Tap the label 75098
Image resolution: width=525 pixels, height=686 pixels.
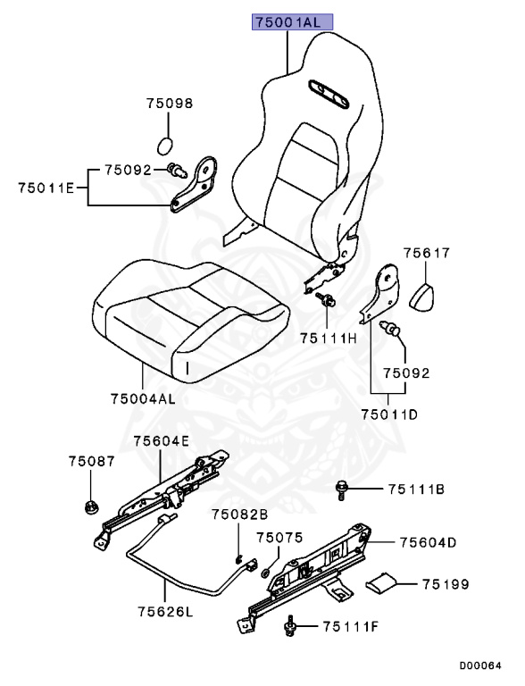pyautogui.click(x=170, y=104)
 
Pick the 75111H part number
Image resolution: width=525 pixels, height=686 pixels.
pyautogui.click(x=328, y=338)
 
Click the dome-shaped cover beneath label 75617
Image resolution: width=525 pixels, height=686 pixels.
pyautogui.click(x=426, y=294)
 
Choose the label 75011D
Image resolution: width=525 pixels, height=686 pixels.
pyautogui.click(x=389, y=414)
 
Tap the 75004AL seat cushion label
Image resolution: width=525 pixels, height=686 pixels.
pyautogui.click(x=143, y=398)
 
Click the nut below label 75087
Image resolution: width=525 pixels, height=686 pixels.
pyautogui.click(x=92, y=506)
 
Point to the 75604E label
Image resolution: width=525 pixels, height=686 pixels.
pyautogui.click(x=162, y=440)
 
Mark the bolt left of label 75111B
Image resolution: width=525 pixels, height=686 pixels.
pyautogui.click(x=343, y=488)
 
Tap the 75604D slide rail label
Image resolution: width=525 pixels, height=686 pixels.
pyautogui.click(x=429, y=542)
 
